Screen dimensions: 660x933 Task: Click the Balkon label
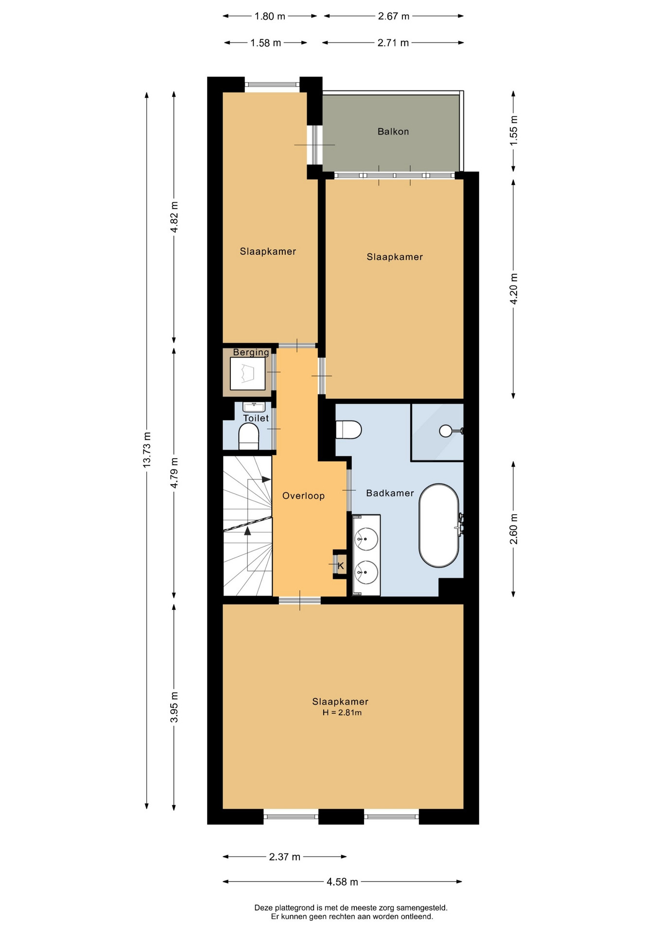(393, 132)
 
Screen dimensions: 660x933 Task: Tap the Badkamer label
(390, 493)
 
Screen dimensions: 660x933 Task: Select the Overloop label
(303, 496)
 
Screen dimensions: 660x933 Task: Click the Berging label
(251, 352)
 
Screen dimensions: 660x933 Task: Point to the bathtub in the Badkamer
(439, 525)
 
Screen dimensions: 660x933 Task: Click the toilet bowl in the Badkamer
(348, 430)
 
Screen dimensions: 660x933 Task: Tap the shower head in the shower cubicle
(446, 431)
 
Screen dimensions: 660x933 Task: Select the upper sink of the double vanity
(366, 539)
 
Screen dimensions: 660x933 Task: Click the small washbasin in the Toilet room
(254, 407)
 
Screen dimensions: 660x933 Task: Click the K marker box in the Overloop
(340, 566)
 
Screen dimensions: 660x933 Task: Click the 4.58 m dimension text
(342, 881)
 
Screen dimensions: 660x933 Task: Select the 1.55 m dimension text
(514, 131)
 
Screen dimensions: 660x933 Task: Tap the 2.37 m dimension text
(285, 857)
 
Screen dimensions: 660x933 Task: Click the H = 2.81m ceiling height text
(342, 713)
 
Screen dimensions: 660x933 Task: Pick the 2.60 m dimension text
(514, 529)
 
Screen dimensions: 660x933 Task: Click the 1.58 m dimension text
(266, 43)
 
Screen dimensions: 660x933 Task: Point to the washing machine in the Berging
(248, 373)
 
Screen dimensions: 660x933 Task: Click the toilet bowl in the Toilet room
(249, 436)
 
